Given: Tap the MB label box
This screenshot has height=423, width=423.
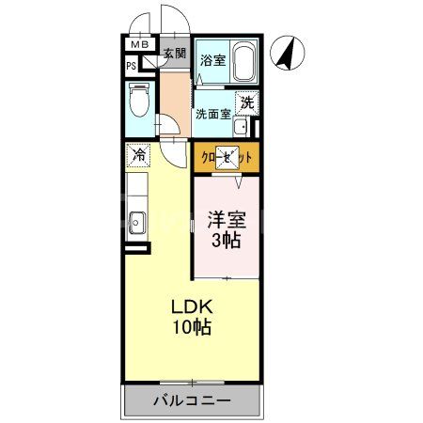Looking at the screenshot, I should [139, 45].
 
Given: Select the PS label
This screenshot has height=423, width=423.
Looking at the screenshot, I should [133, 65].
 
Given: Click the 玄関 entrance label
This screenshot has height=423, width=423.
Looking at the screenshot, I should [175, 55].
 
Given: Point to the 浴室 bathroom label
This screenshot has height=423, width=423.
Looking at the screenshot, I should [212, 60].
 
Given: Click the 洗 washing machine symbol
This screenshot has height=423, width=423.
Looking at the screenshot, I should [245, 103].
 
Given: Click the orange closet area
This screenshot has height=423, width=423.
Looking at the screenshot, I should [227, 159].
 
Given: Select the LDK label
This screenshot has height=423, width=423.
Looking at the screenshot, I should [191, 307].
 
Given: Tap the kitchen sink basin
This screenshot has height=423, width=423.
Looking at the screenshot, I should [136, 224].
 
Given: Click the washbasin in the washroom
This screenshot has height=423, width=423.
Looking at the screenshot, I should [241, 128].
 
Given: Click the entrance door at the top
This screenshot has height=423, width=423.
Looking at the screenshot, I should [175, 21].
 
